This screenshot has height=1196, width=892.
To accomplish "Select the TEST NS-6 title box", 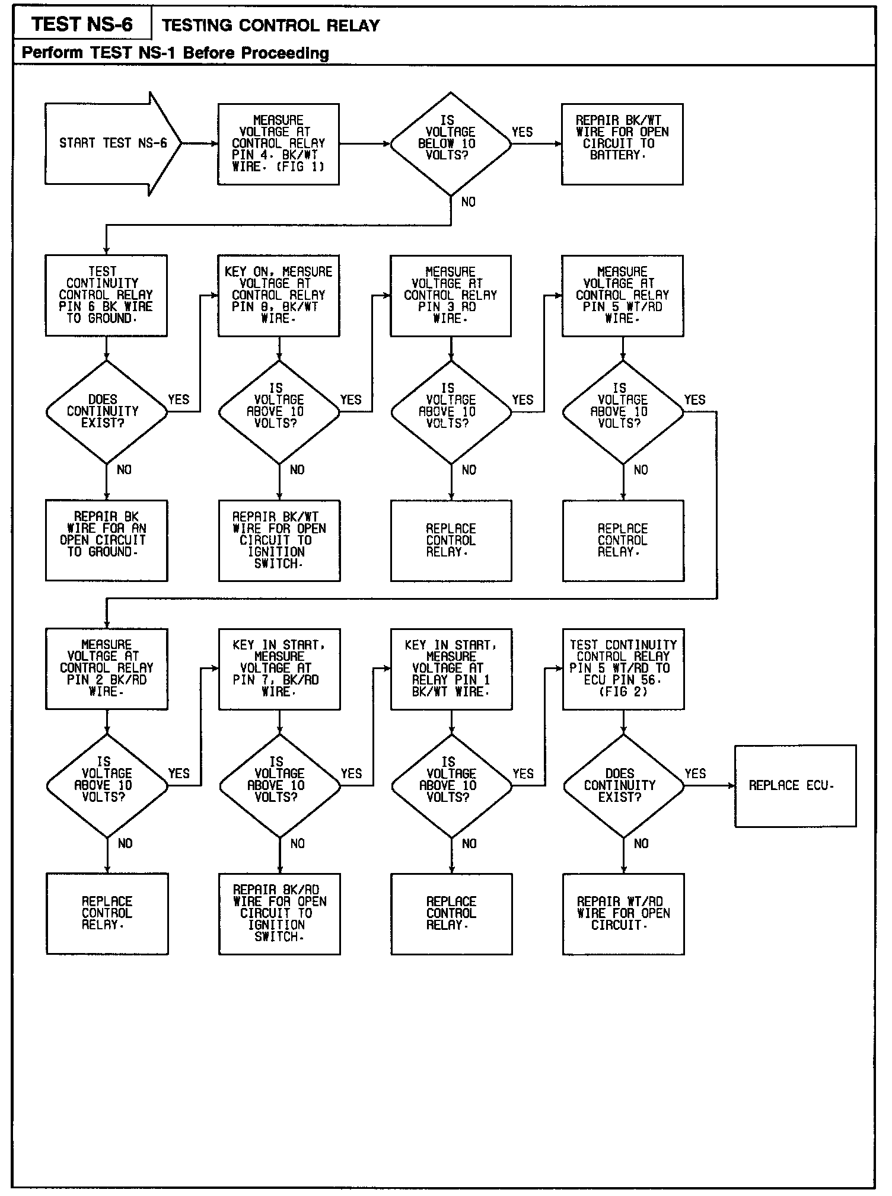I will pyautogui.click(x=82, y=24).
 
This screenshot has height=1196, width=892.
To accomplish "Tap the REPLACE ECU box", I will pyautogui.click(x=795, y=785).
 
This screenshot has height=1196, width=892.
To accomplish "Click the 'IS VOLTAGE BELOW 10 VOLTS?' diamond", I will pyautogui.click(x=450, y=143).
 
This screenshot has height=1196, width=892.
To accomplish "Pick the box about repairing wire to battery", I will pyautogui.click(x=622, y=144).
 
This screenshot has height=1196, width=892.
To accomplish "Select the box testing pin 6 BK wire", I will pyautogui.click(x=106, y=295).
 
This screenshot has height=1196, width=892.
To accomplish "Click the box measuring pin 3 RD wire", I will pyautogui.click(x=450, y=295).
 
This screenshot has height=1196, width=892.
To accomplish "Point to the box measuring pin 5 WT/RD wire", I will pyautogui.click(x=622, y=295).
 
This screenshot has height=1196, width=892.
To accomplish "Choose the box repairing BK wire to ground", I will pyautogui.click(x=106, y=540).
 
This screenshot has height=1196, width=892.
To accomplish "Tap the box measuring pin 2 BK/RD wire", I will pyautogui.click(x=106, y=669).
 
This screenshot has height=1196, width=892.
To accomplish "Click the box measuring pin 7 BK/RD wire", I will pyautogui.click(x=279, y=669).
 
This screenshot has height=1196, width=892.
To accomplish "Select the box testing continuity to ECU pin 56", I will pyautogui.click(x=623, y=669).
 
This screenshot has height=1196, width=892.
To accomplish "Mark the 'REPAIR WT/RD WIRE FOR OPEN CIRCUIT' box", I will pyautogui.click(x=623, y=913).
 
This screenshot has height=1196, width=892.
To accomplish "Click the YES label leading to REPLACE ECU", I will pyautogui.click(x=695, y=773).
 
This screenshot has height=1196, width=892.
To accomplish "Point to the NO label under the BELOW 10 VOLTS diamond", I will pyautogui.click(x=469, y=202).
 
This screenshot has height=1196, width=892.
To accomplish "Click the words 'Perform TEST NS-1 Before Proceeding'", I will pyautogui.click(x=175, y=53).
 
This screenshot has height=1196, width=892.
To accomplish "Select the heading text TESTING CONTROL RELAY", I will pyautogui.click(x=270, y=25).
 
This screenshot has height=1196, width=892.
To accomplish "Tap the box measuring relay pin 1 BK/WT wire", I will pyautogui.click(x=451, y=669).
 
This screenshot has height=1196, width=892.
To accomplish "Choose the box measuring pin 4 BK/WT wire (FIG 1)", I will pyautogui.click(x=278, y=144).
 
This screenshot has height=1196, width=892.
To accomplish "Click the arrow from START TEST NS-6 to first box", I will pyautogui.click(x=200, y=143).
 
